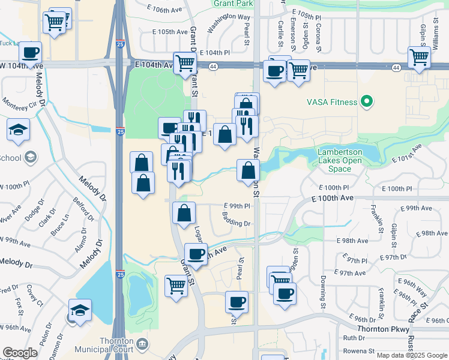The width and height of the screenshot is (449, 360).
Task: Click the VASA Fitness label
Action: coord(332,102)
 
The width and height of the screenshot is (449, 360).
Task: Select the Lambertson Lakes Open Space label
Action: coord(340,161)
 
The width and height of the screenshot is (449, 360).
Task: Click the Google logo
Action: coord(20,353)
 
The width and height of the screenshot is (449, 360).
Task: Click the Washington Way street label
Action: coord(228,25)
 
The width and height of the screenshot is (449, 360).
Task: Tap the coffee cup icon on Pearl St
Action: coord(237,301)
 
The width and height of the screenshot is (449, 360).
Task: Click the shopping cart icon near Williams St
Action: coord(419,58)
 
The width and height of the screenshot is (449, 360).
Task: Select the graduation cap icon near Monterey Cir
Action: coord(19,129)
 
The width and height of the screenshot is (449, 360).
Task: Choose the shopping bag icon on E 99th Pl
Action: coord(184,212)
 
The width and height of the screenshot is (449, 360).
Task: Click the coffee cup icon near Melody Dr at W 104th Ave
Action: coord(31,52)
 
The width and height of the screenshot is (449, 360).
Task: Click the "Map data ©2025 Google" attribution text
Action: coord(411,355)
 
